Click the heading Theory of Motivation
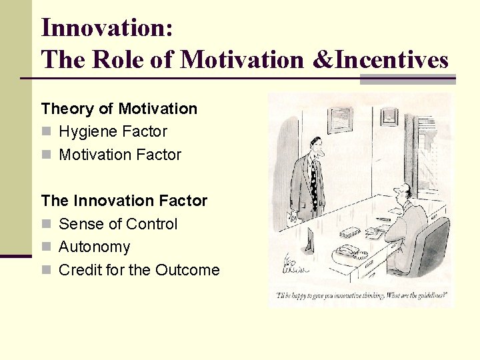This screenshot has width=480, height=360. point(119,109)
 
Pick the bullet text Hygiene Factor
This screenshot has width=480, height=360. point(113,131)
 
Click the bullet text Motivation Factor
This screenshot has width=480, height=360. point(120,155)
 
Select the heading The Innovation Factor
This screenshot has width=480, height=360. point(124,201)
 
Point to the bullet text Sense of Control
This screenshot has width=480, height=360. point(118,224)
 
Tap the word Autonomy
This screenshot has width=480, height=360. point(94,247)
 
